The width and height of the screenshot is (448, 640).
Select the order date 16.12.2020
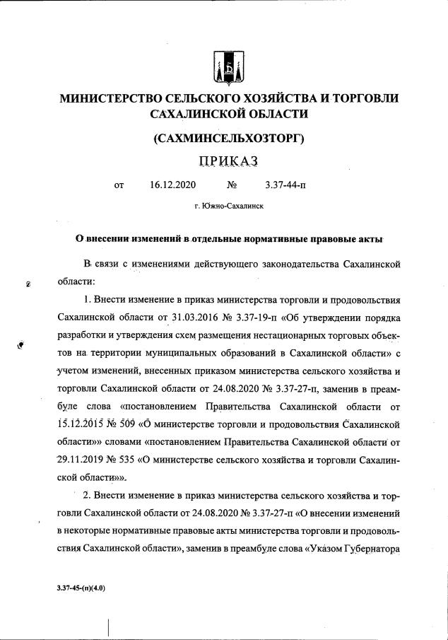pyautogui.click(x=172, y=186)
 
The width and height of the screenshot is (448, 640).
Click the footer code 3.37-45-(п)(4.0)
pyautogui.click(x=82, y=588)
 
